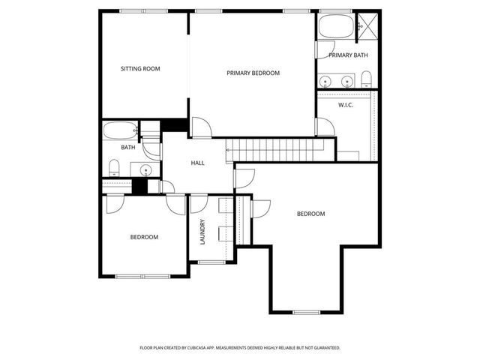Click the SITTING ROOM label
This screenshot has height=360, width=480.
pyautogui.click(x=140, y=69)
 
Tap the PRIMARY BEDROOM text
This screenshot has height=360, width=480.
pyautogui.click(x=253, y=73)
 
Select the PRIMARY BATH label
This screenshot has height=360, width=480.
pyautogui.click(x=348, y=55)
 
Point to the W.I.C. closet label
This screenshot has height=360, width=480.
pyautogui.click(x=346, y=105)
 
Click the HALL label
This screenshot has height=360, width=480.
pyautogui.click(x=197, y=163)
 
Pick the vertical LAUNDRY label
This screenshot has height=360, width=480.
pyautogui.click(x=202, y=231)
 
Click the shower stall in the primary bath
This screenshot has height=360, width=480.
pyautogui.click(x=367, y=25)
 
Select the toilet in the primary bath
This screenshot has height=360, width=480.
pyautogui.click(x=365, y=79)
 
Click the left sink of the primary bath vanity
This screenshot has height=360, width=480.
pyautogui.click(x=327, y=80)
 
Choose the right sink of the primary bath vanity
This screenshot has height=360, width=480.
pyautogui.click(x=347, y=80)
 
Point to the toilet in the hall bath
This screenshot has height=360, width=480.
pyautogui.click(x=114, y=166)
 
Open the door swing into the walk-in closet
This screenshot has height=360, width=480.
pyautogui.click(x=324, y=126)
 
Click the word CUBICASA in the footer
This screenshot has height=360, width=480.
pyautogui.click(x=212, y=348)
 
